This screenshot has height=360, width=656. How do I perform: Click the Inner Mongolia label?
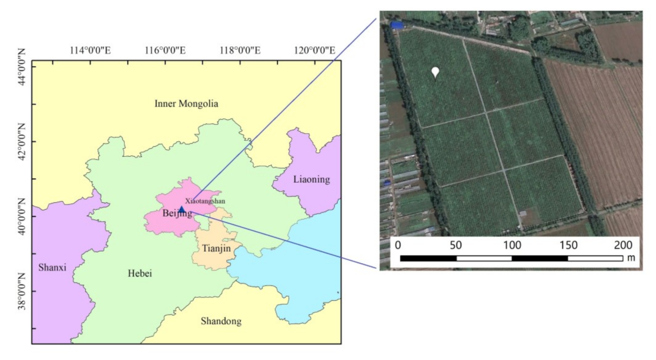click(186, 104)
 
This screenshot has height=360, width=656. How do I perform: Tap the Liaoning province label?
click(311, 179)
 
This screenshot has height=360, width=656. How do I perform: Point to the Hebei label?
click(140, 274)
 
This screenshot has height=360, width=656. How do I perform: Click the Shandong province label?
click(221, 321)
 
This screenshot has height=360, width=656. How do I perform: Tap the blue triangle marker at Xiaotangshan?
click(181, 209)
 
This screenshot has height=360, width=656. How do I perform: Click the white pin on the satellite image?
click(435, 72)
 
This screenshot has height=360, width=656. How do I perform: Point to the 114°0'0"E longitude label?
click(90, 50)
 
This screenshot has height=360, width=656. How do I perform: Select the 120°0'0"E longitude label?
click(314, 50)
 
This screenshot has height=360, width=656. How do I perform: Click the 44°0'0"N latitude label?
click(21, 67)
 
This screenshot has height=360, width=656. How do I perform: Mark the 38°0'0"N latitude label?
click(21, 292)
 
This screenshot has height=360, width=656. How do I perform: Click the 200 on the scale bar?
click(623, 245)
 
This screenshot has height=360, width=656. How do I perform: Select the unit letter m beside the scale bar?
click(631, 258)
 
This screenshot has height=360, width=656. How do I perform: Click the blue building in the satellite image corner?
click(397, 25)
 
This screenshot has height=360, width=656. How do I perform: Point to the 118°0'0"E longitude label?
click(241, 50)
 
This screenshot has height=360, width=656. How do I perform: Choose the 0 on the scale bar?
click(398, 245)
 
